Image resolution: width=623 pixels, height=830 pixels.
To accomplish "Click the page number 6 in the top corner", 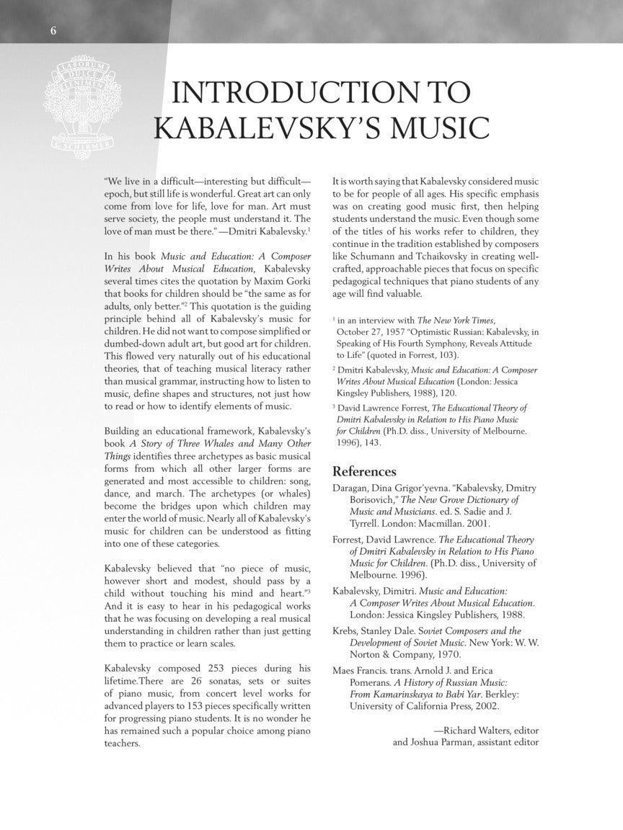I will [53, 30].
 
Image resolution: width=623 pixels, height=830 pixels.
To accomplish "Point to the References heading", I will [364, 472].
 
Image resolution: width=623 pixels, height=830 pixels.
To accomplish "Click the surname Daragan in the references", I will [353, 488].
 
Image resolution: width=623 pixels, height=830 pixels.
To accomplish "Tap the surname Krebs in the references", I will [347, 630].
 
